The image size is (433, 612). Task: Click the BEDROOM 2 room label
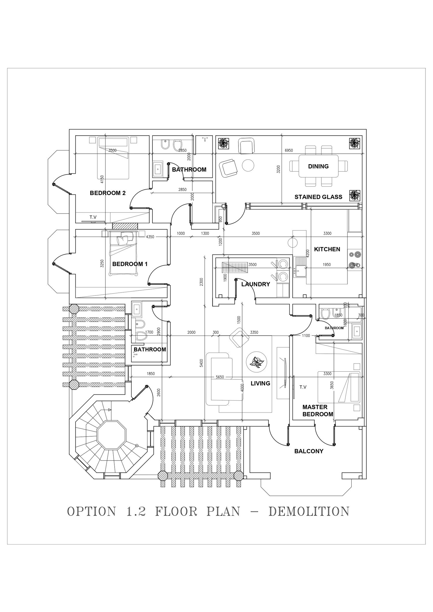point(108,193)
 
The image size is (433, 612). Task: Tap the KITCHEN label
point(327,249)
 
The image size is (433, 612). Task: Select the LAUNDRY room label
point(255,284)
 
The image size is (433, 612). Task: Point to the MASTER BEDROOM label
point(318,411)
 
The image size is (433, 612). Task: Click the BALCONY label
point(309,451)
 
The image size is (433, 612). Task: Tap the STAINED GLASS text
point(318,197)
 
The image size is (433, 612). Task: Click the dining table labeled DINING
point(318,166)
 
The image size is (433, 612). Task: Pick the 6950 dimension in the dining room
point(289,150)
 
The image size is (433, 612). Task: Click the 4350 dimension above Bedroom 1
point(150,237)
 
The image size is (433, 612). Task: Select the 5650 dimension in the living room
point(220,377)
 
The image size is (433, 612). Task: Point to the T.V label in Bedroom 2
point(93,217)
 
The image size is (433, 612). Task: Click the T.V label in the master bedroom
point(303,387)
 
